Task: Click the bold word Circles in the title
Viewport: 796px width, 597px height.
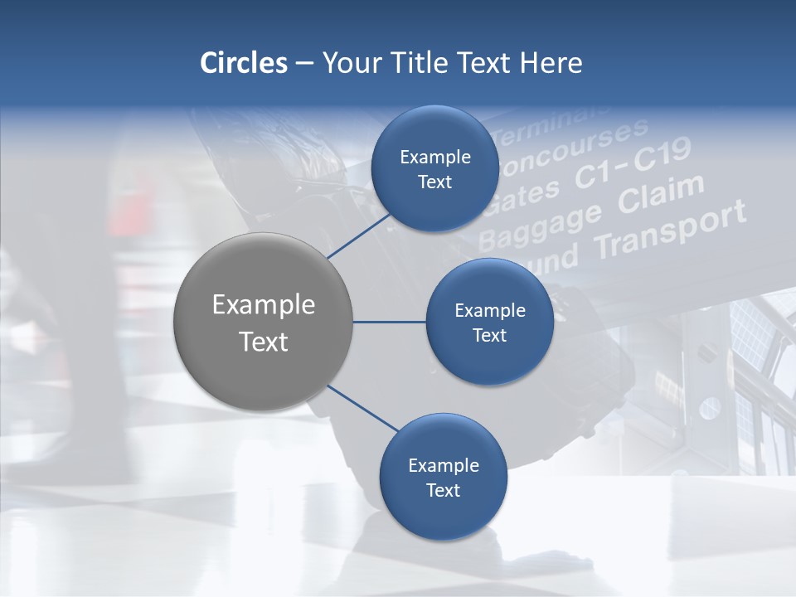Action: pyautogui.click(x=245, y=63)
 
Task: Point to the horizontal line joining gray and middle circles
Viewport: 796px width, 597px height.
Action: pyautogui.click(x=389, y=322)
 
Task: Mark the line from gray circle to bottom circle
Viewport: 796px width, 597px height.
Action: pyautogui.click(x=363, y=409)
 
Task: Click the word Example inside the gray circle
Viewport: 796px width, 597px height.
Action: pyautogui.click(x=264, y=305)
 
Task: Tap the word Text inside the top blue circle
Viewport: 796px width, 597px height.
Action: pyautogui.click(x=434, y=182)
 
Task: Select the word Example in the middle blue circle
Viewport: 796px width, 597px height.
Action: pyautogui.click(x=489, y=311)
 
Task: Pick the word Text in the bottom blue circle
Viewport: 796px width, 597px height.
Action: pyautogui.click(x=443, y=491)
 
